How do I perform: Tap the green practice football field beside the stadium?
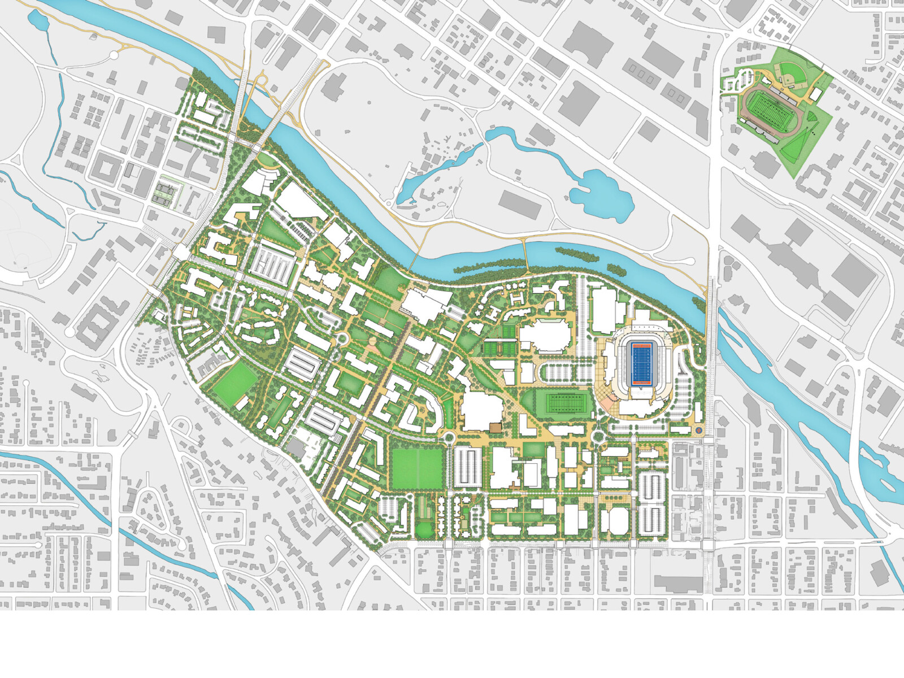[562, 405]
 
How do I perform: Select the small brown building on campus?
[495, 428]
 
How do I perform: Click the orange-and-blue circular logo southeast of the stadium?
[698, 431]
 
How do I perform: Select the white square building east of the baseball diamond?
[816, 94]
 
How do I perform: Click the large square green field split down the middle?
[418, 468]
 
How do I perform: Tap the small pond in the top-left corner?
[38, 21]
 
